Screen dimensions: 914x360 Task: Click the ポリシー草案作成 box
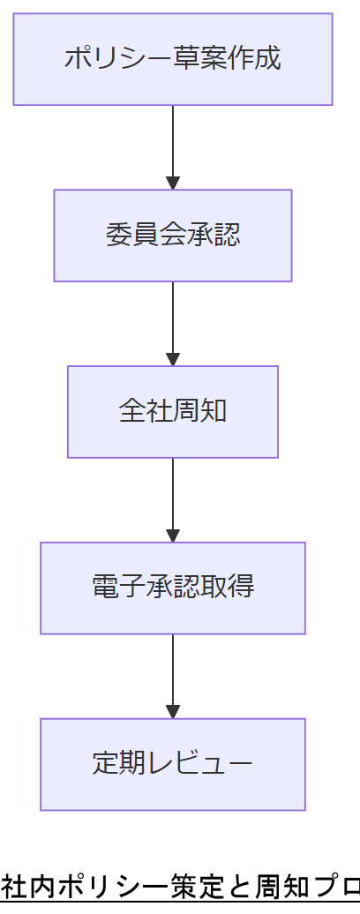tap(173, 59)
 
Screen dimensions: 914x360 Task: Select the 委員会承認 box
tap(173, 236)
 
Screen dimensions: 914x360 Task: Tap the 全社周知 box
tap(173, 412)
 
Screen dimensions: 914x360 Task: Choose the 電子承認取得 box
tap(173, 588)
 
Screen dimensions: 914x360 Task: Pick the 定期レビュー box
tap(173, 764)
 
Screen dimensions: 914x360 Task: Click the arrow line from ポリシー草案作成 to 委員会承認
tap(173, 141)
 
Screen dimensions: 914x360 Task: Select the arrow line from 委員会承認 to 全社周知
tap(173, 318)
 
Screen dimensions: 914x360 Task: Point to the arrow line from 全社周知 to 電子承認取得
tap(173, 494)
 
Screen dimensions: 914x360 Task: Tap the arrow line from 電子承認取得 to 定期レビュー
tap(173, 671)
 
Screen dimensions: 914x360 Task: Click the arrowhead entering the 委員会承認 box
tap(173, 184)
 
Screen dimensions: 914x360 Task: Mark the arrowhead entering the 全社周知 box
tap(173, 360)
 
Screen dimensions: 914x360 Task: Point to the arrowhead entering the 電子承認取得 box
tap(173, 536)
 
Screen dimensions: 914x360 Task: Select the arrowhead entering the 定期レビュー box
tap(173, 712)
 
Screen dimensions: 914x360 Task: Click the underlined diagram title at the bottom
tap(180, 886)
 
